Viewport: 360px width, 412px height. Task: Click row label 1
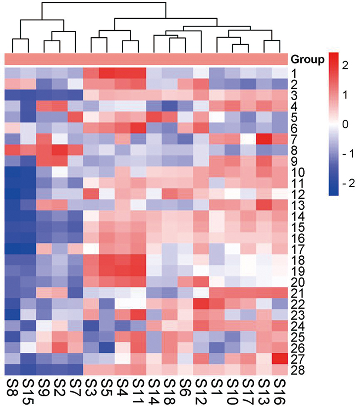[294, 73]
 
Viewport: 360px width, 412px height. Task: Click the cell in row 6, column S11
[138, 128]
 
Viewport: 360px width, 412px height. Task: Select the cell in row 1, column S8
[12, 73]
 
